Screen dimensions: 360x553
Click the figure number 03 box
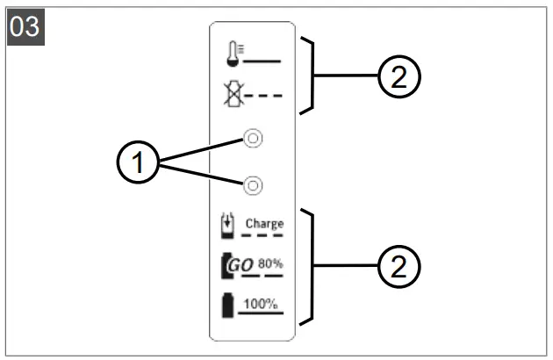tap(24, 25)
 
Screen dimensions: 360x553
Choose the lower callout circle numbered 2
tap(400, 264)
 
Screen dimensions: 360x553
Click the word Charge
tap(264, 223)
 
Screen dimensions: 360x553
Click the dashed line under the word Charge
tap(263, 235)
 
